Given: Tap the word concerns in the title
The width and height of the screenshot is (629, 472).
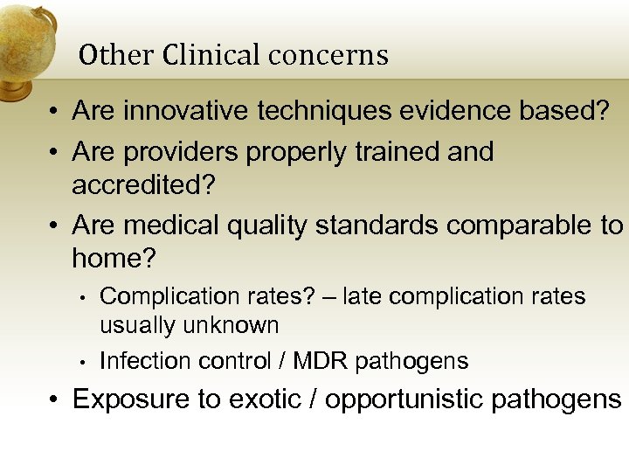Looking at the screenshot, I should click(328, 56).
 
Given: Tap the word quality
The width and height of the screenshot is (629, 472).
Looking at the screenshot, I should click(269, 225).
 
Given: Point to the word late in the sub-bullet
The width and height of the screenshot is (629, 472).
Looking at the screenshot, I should click(363, 297).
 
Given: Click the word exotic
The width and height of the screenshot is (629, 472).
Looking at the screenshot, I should click(262, 399).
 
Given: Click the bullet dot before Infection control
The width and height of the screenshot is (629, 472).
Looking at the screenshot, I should click(79, 362).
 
